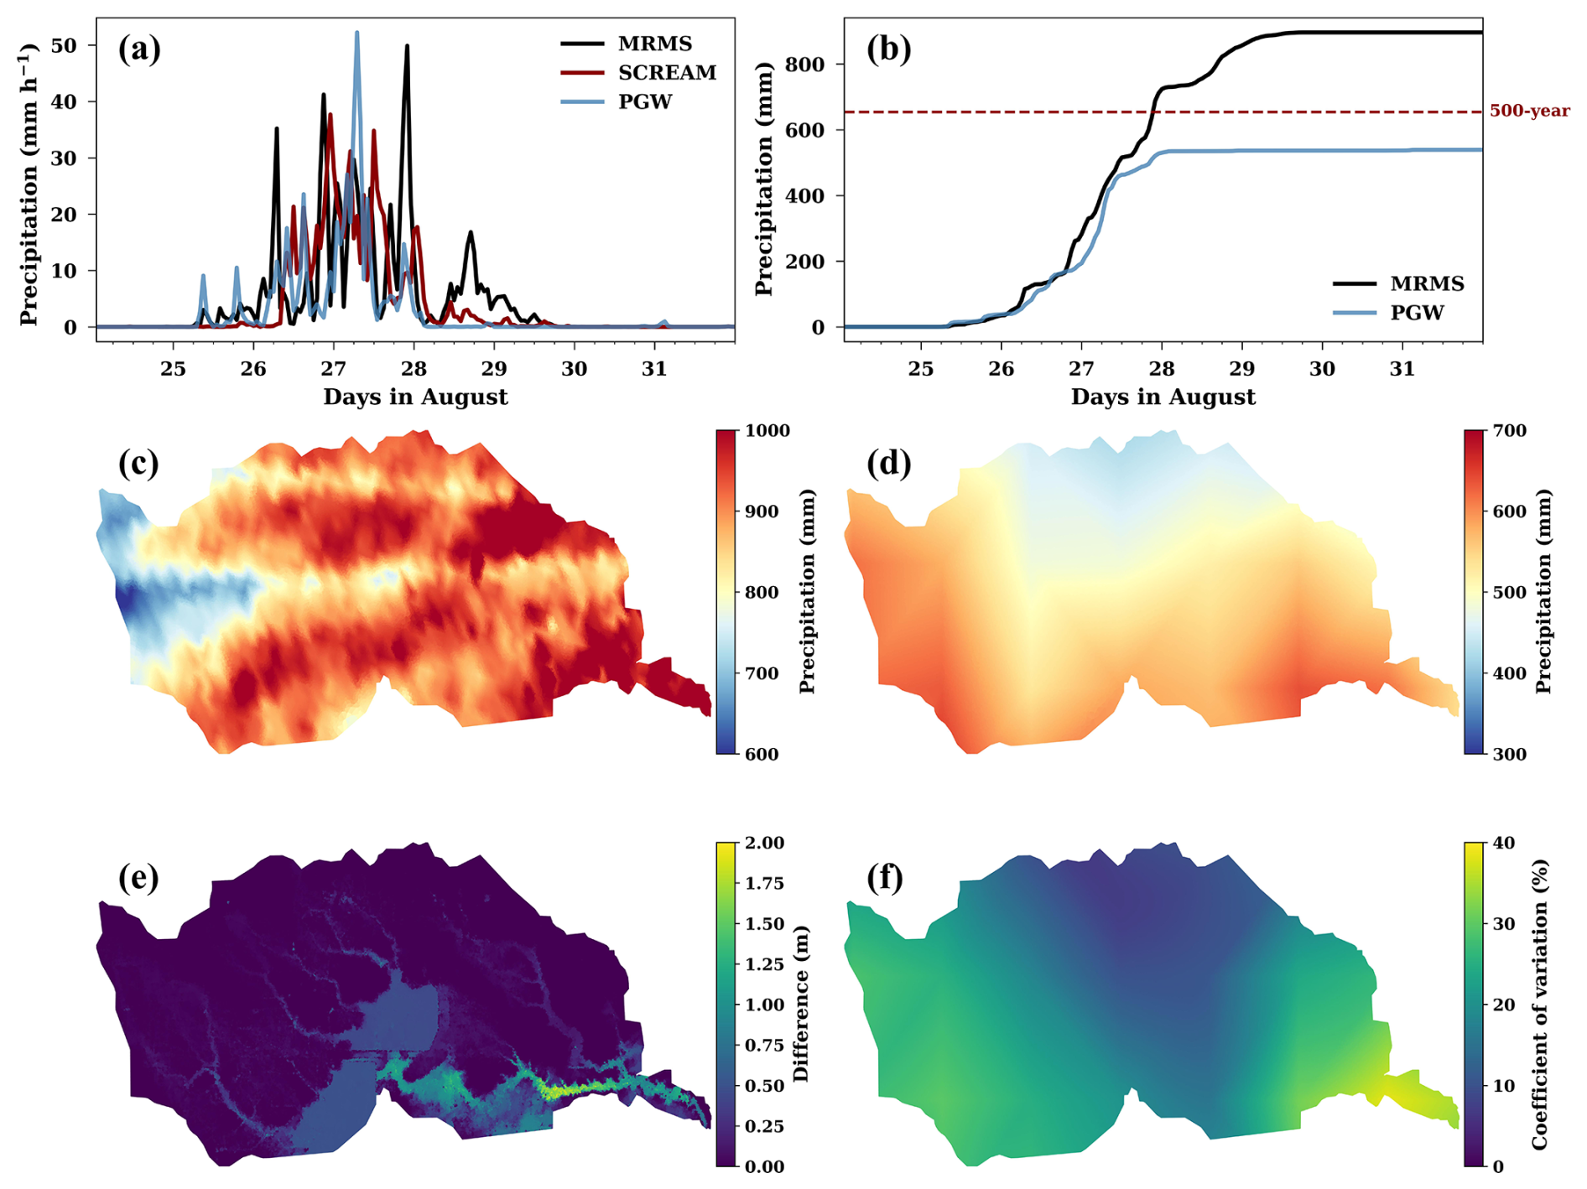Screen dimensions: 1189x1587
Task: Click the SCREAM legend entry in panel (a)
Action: [667, 73]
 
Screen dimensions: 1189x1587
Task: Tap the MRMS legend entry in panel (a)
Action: [654, 44]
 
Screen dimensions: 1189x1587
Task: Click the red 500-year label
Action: [1529, 111]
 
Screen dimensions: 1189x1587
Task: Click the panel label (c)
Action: [138, 463]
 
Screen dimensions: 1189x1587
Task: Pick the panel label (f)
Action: [885, 877]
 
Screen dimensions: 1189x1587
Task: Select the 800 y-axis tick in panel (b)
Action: [804, 65]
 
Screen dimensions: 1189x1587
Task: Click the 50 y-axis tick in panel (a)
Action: [64, 45]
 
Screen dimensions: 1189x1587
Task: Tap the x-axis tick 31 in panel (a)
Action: [654, 369]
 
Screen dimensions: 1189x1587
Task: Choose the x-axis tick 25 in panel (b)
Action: [920, 369]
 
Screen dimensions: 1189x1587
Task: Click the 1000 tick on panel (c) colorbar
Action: [767, 431]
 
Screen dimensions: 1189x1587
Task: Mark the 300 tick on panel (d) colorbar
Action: [1510, 754]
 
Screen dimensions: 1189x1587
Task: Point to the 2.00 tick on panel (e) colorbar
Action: [764, 843]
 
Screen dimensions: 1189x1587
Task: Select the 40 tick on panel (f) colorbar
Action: [1504, 843]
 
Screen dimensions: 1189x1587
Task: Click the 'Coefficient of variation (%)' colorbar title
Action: [1540, 1004]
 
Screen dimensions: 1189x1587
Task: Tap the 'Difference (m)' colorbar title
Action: [801, 1004]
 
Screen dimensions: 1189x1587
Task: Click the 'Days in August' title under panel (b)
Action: [1163, 397]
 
